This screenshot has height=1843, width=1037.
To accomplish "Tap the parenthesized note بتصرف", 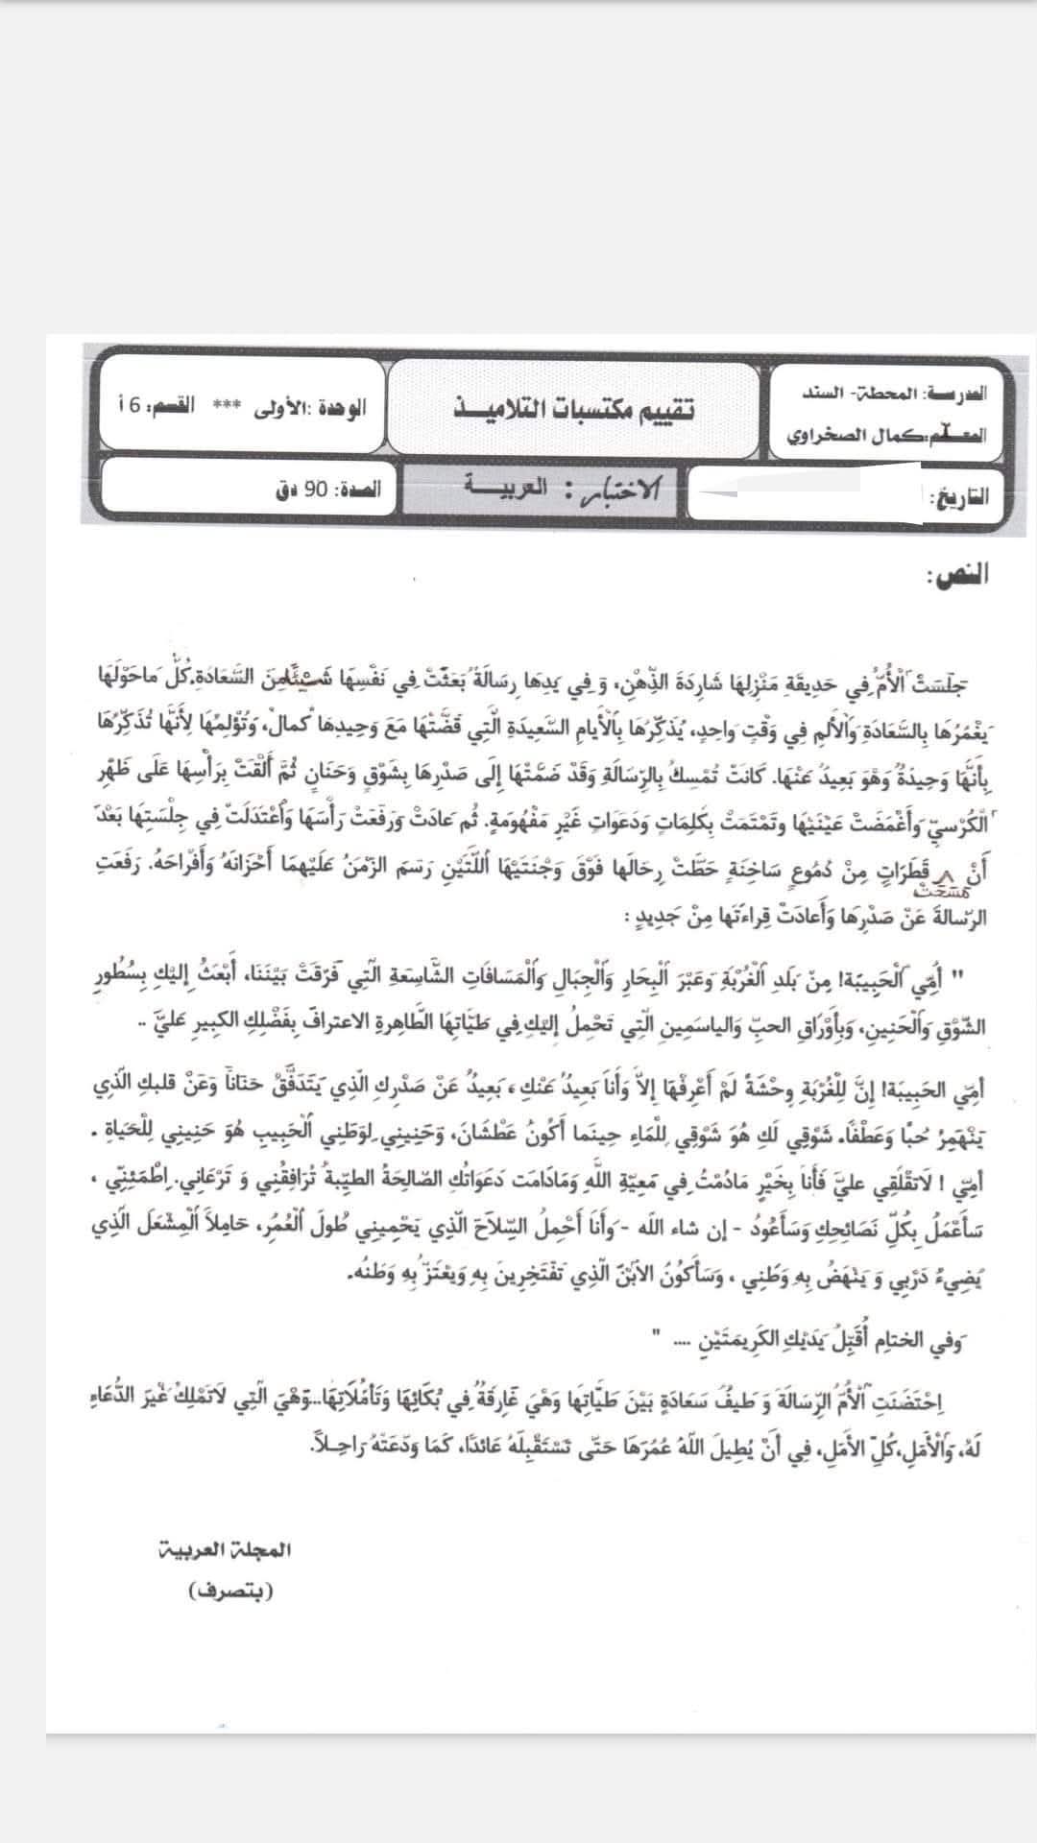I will pyautogui.click(x=231, y=1592).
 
